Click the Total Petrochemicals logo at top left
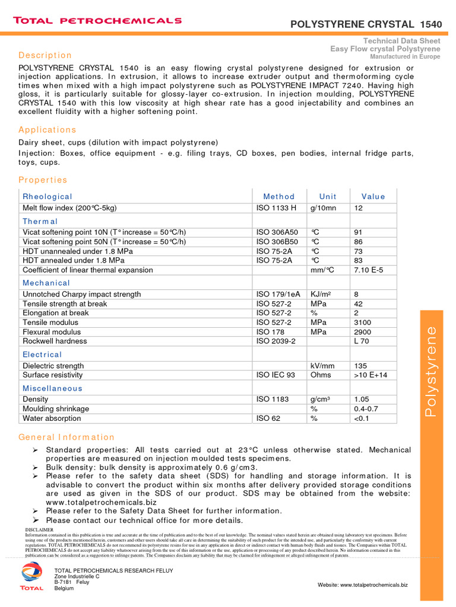click(97, 21)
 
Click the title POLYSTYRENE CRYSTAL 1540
click(366, 24)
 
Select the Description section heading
click(45, 55)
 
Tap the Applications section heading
click(47, 130)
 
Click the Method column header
click(278, 196)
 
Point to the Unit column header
click(328, 196)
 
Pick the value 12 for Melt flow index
click(359, 208)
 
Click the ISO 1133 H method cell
click(276, 208)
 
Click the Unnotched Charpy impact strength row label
click(82, 294)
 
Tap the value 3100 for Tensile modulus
click(363, 322)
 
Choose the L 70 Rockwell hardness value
click(362, 341)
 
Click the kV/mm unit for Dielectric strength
click(323, 366)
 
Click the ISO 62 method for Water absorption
click(268, 418)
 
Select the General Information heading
click(66, 437)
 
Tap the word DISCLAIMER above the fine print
click(39, 529)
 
